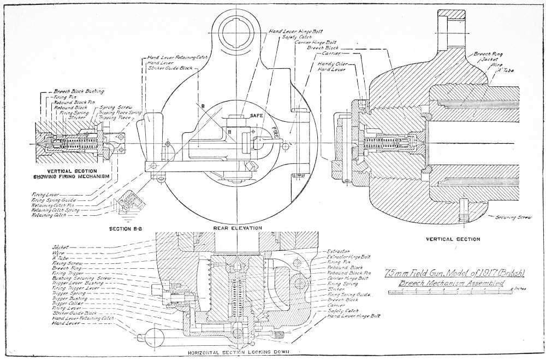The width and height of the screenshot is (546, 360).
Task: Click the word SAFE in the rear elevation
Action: point(257,116)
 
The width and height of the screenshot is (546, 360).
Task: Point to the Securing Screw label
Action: point(514,217)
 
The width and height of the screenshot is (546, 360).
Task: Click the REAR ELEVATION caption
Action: point(238,228)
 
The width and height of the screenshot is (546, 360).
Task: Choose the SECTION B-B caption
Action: point(127,228)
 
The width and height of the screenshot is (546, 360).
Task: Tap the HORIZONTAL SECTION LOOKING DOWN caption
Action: point(238,352)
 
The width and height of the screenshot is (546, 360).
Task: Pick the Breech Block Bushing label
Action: point(79,91)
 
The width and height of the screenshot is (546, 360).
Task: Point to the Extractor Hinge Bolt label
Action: point(349,256)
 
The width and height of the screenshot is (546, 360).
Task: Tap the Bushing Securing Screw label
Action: point(81,278)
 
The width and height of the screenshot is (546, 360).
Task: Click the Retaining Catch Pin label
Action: point(51,204)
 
